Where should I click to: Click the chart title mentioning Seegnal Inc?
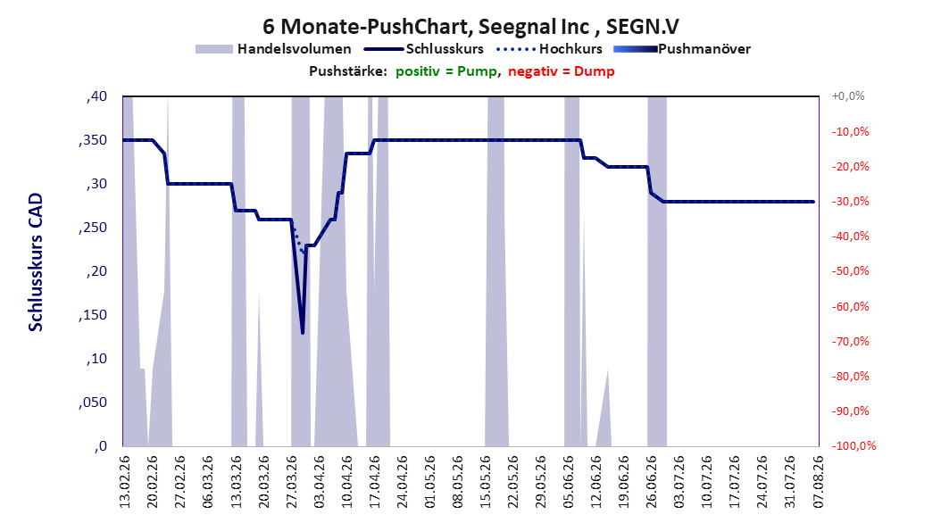[470, 27]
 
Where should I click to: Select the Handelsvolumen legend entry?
[273, 49]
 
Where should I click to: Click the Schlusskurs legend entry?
[424, 49]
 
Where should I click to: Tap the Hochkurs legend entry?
[549, 49]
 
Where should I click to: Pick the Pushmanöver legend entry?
[682, 49]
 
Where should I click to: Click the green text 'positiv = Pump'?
[446, 71]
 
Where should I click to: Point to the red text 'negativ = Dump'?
[562, 71]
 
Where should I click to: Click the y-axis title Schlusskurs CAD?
[36, 262]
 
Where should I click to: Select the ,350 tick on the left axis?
[93, 140]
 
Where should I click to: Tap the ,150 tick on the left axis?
[93, 315]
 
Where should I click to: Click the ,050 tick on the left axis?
[93, 403]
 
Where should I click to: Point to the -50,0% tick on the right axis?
[850, 271]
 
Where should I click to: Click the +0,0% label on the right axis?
[848, 96]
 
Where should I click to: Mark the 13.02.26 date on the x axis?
[125, 482]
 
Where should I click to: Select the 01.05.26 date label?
[430, 482]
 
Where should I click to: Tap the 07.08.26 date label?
[819, 482]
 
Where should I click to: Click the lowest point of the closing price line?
[303, 332]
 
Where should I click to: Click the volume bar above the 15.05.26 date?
[495, 271]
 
